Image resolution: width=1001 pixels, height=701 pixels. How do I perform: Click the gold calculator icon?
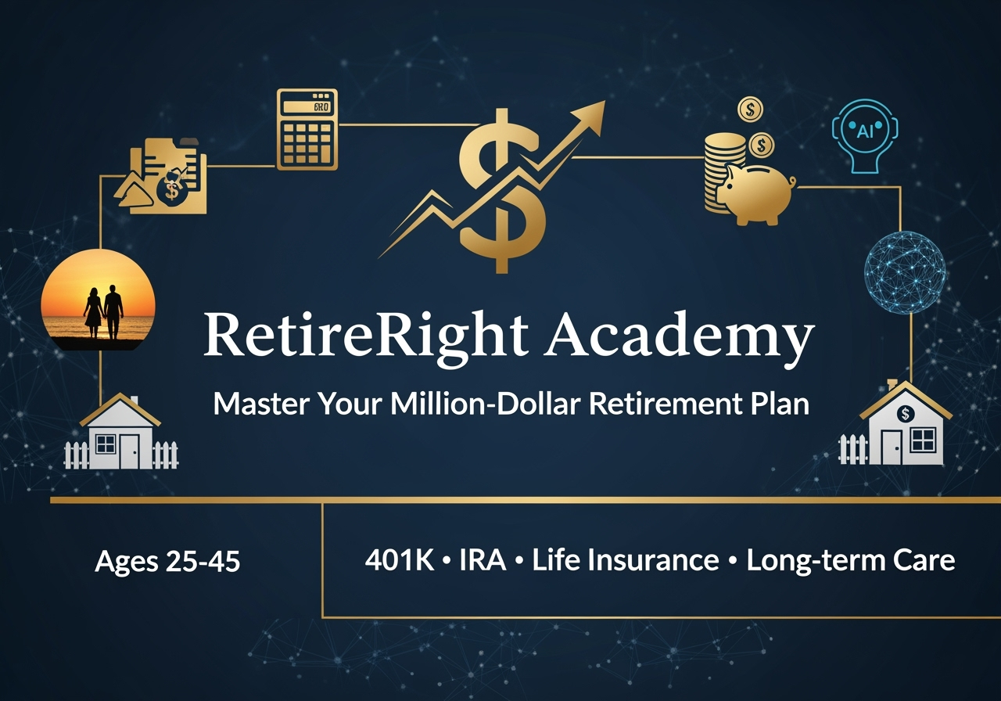[x=307, y=129]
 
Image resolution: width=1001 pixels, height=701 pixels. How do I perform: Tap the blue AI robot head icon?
[x=865, y=136]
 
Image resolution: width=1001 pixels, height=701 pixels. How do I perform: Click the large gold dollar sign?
[x=503, y=191]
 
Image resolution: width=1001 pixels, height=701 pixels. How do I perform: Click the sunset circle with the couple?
[x=99, y=300]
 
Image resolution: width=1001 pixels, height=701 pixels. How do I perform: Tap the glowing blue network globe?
[x=905, y=271]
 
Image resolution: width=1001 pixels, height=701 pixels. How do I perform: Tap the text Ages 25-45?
[x=167, y=561]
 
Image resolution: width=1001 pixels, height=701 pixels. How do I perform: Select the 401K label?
[x=400, y=559]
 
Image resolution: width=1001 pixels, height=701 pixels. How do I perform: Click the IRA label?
[x=483, y=559]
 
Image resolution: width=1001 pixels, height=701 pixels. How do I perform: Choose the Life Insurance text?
[x=626, y=559]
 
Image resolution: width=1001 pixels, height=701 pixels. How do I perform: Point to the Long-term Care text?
[x=851, y=561]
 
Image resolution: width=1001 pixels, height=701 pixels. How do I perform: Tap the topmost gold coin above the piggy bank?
[x=750, y=110]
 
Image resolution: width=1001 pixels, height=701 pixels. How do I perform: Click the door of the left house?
[x=129, y=451]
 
